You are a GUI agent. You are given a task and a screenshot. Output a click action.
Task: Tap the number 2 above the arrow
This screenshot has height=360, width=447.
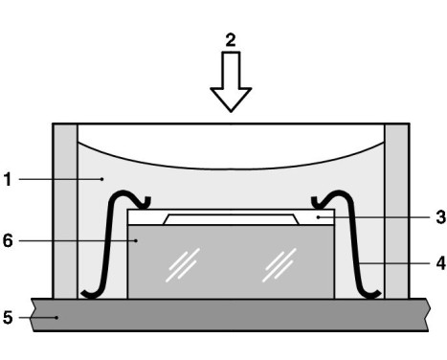pos(230,39)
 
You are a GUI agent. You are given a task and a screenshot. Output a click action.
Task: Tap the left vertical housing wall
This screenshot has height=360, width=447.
pos(64,211)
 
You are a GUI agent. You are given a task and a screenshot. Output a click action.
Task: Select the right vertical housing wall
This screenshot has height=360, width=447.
pos(396,211)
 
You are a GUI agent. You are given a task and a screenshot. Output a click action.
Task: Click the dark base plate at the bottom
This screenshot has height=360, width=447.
pos(230,314)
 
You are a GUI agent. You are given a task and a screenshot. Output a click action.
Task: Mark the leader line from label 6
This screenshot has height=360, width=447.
pos(77,240)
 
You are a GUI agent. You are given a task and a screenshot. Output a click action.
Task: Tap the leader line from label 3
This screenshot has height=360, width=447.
pos(373,217)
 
